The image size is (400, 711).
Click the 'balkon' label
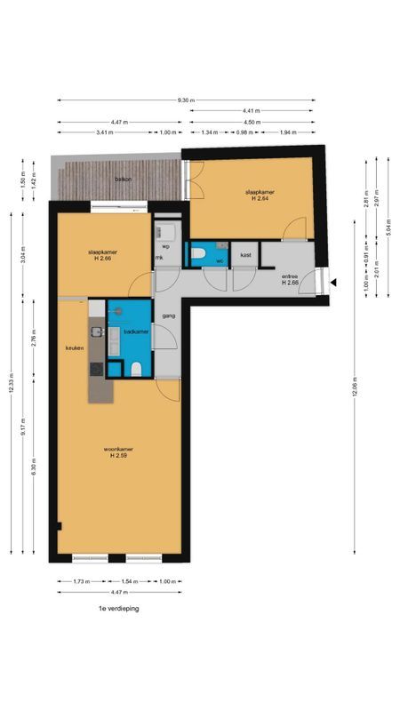pyautogui.click(x=123, y=180)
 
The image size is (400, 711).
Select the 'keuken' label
pyautogui.click(x=74, y=348)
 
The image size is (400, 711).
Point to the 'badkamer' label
pyautogui.click(x=135, y=332)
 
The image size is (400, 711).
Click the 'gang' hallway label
pyautogui.click(x=167, y=316)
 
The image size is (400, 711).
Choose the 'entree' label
pyautogui.click(x=290, y=277)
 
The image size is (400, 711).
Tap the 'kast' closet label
pyautogui.click(x=244, y=255)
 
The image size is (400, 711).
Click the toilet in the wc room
pyautogui.click(x=202, y=255)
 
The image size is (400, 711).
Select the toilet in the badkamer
pyautogui.click(x=134, y=369)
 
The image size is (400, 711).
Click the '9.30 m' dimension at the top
pyautogui.click(x=185, y=100)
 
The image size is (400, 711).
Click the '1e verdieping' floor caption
pyautogui.click(x=119, y=609)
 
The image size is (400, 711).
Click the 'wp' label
pyautogui.click(x=164, y=246)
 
